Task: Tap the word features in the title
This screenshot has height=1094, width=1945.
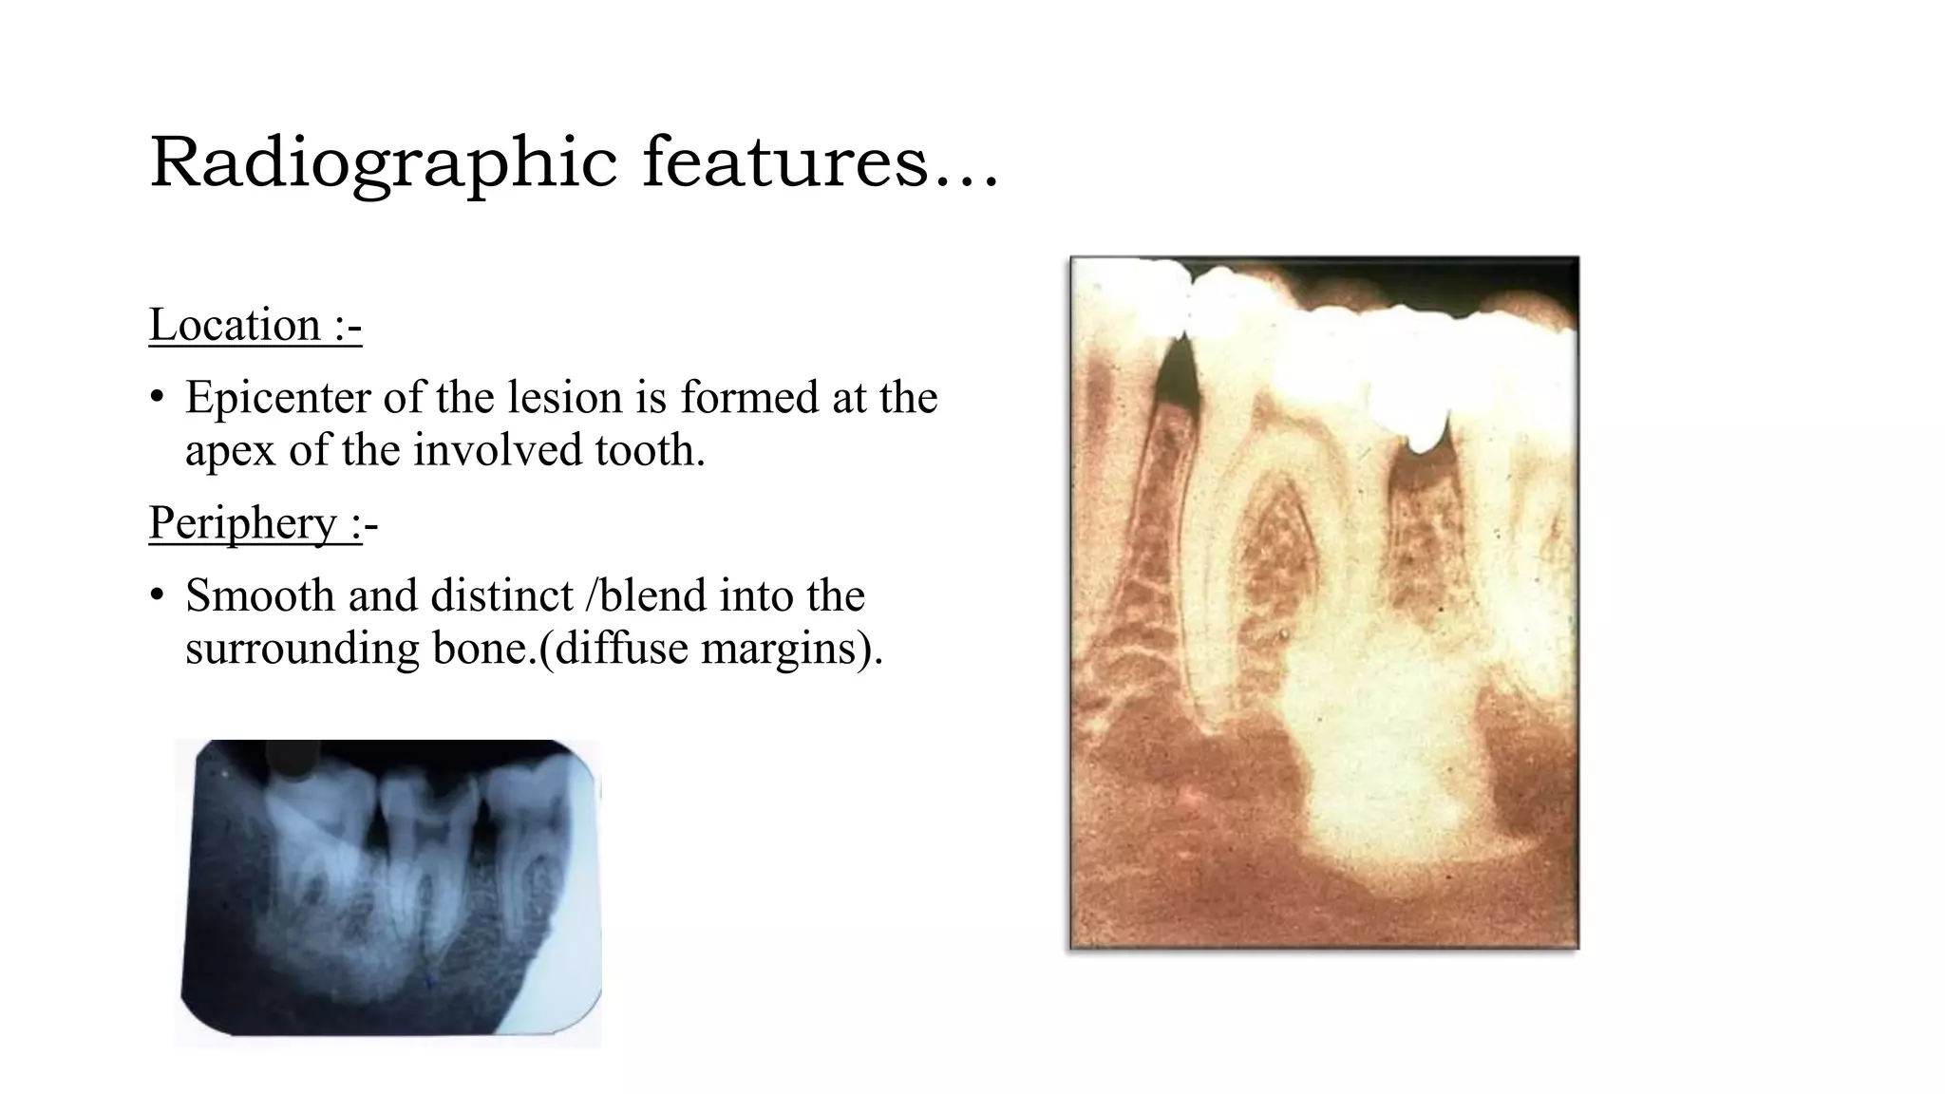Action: tap(784, 163)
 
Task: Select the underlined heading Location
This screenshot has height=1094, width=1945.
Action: tap(235, 326)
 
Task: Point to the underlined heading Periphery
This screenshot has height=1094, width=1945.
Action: tap(242, 523)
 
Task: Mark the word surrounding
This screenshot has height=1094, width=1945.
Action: tap(302, 650)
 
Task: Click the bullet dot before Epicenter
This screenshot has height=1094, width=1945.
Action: tap(158, 398)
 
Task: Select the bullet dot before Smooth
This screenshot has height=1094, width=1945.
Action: tap(158, 596)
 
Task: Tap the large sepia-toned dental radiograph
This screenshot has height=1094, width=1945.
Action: tap(1324, 602)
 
